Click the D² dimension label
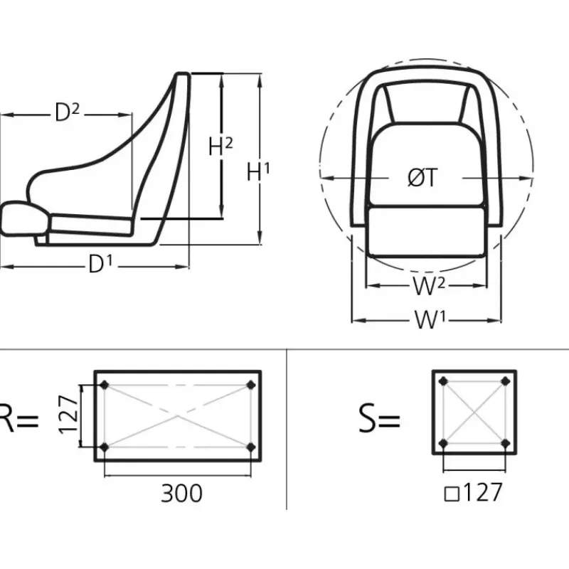[67, 112]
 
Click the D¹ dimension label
[101, 264]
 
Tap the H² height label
[220, 147]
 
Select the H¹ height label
[258, 171]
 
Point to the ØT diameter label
[422, 178]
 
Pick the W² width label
[429, 286]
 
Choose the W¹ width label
[430, 319]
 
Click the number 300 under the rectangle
[181, 493]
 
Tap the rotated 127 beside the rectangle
[68, 415]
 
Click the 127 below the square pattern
[483, 492]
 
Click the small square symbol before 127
[452, 494]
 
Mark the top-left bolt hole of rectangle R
[105, 385]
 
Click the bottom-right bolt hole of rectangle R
[251, 447]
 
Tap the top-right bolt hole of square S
[506, 381]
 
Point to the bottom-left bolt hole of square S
[443, 443]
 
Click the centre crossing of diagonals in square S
[474, 413]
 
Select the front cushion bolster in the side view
[24, 218]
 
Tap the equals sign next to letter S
[390, 421]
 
